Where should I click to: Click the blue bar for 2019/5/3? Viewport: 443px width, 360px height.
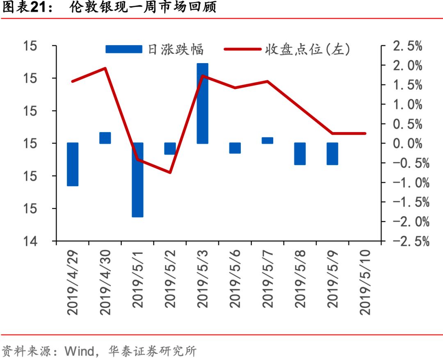click(x=202, y=103)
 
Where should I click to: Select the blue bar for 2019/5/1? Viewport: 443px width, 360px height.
click(x=137, y=180)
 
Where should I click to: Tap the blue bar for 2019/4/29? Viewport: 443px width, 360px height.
click(x=73, y=164)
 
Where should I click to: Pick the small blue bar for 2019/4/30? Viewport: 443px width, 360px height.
click(x=105, y=138)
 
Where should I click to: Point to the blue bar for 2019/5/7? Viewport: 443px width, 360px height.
click(x=267, y=140)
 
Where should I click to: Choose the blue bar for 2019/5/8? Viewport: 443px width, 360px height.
click(x=300, y=154)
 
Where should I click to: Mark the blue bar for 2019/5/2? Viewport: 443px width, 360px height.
click(x=170, y=148)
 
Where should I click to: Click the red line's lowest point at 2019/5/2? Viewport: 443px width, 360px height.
click(x=170, y=172)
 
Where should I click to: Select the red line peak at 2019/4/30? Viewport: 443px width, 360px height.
click(x=105, y=68)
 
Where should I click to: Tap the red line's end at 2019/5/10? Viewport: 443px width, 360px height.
click(x=365, y=133)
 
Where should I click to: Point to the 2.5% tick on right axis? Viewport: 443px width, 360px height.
click(x=407, y=46)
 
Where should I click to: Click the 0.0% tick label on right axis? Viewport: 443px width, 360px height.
click(x=407, y=144)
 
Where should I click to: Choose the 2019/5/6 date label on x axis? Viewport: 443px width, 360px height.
click(x=235, y=283)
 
